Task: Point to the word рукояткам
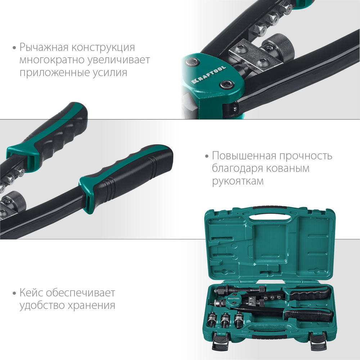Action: [x=238, y=181]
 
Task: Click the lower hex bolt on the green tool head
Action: [x=226, y=85]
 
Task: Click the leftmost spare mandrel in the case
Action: [x=213, y=319]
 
